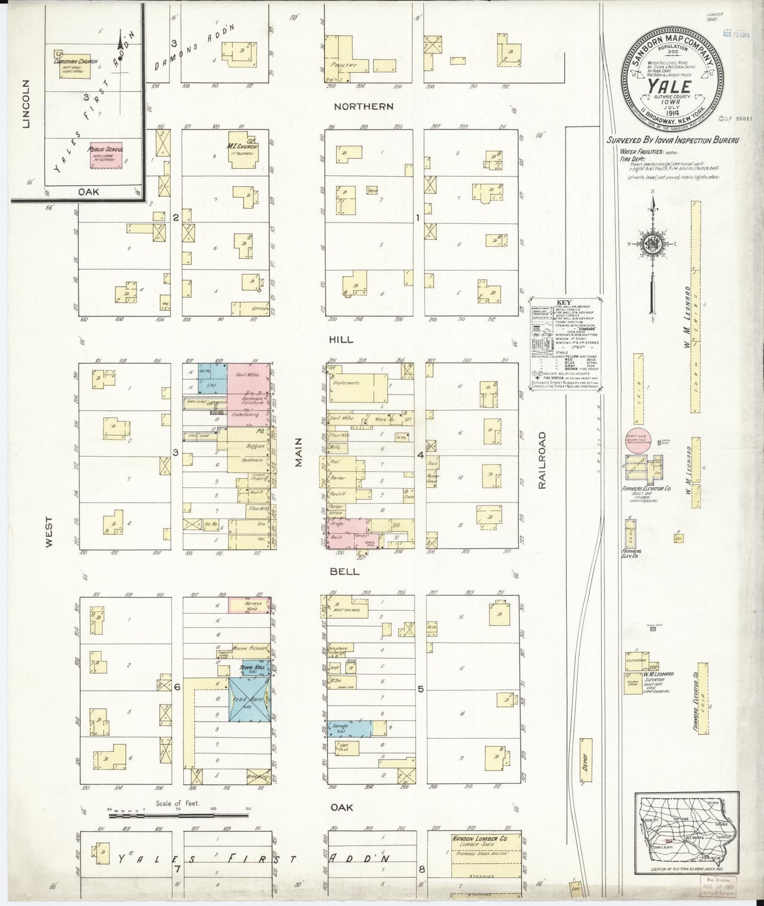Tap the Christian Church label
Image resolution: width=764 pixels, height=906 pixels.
click(x=76, y=62)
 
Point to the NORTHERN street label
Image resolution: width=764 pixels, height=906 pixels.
click(x=363, y=106)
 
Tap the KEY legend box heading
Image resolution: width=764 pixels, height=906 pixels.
click(x=562, y=303)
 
